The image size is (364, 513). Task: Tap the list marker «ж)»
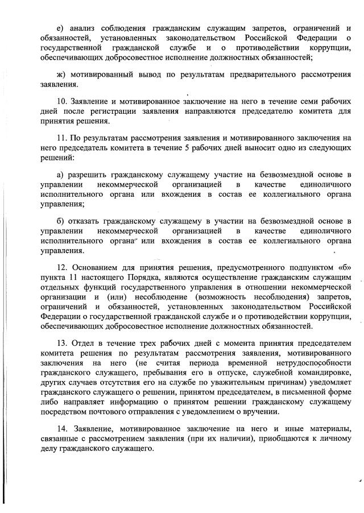(63, 74)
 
